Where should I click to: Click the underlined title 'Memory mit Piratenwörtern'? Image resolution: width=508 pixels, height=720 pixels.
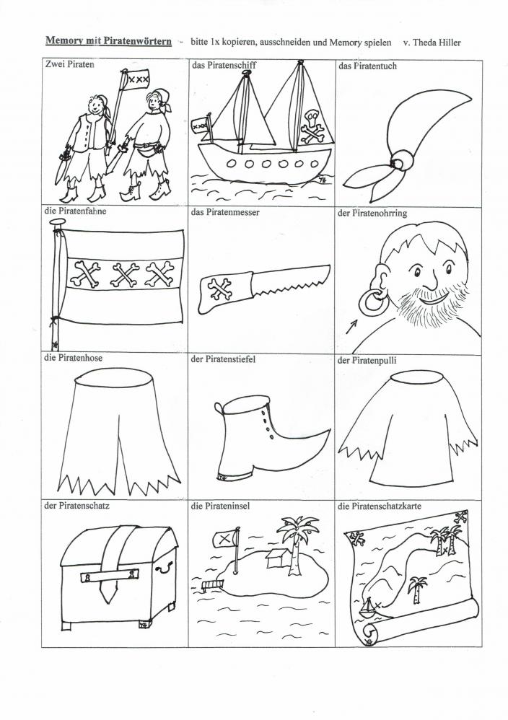coord(108,41)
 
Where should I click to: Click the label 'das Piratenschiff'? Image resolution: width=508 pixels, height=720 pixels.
coord(224,65)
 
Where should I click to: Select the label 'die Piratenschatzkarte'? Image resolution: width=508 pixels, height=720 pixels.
coord(380,506)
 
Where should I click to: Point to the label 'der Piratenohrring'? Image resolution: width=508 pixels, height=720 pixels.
coord(372,213)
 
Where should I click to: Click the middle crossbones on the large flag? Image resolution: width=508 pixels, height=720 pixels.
coord(126,274)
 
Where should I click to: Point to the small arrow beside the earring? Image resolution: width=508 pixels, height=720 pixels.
coord(351,326)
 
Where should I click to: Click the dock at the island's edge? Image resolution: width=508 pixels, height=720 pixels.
coord(212,584)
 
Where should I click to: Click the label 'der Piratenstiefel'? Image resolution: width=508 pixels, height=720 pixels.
coord(223,359)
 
